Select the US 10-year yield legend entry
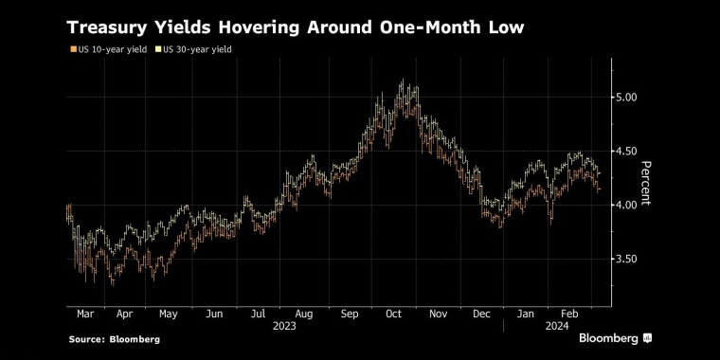pyautogui.click(x=108, y=48)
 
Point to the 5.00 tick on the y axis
pyautogui.click(x=626, y=97)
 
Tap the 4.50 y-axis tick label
pyautogui.click(x=626, y=151)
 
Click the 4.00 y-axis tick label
pyautogui.click(x=626, y=205)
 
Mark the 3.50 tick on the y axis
pyautogui.click(x=626, y=259)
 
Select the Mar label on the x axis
pyautogui.click(x=82, y=312)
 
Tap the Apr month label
pyautogui.click(x=123, y=312)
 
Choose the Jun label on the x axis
pyautogui.click(x=214, y=312)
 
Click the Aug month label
pyautogui.click(x=303, y=312)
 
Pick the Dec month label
pyautogui.click(x=482, y=312)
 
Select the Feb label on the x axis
pyautogui.click(x=570, y=312)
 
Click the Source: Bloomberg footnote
pyautogui.click(x=114, y=338)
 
